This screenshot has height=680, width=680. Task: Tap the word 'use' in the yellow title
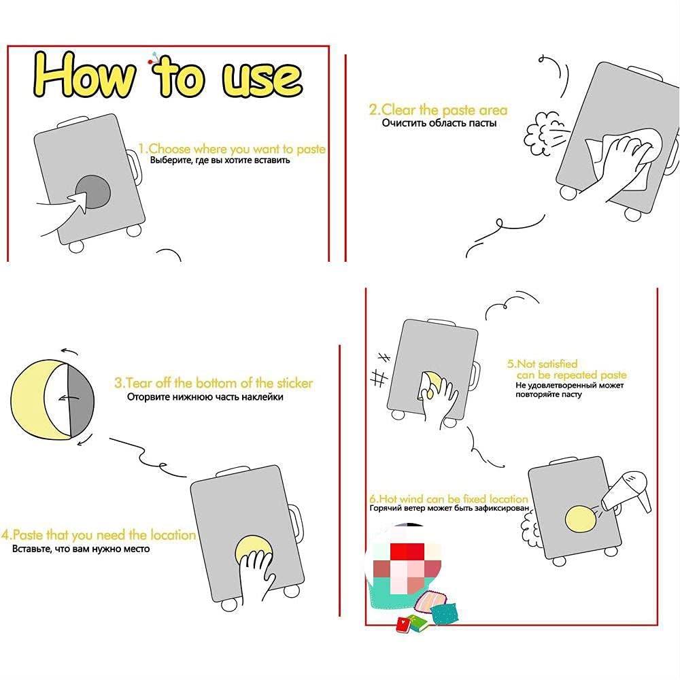[262, 80]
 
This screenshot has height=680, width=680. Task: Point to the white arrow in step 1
[65, 212]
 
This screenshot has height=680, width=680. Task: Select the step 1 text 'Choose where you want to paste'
[237, 149]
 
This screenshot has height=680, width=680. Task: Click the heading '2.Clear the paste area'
[438, 109]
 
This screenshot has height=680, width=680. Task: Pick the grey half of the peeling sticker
[81, 399]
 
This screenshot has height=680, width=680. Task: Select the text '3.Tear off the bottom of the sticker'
[214, 383]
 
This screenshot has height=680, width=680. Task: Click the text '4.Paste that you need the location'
[99, 534]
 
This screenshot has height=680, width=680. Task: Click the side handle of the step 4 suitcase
[296, 522]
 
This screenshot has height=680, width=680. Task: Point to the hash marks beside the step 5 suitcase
[380, 370]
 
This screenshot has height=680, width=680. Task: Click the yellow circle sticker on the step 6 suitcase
[581, 519]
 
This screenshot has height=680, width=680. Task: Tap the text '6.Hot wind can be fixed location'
[448, 498]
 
